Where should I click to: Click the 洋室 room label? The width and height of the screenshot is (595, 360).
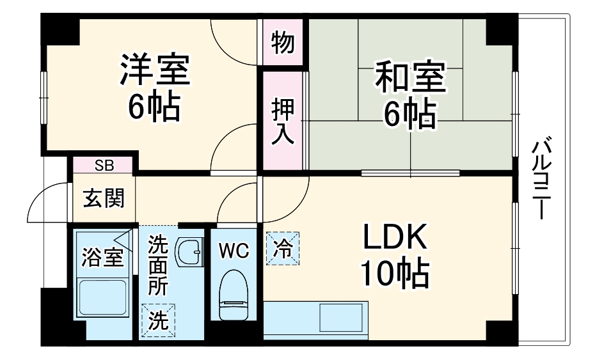click(155, 70)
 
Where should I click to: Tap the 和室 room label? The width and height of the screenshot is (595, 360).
click(410, 77)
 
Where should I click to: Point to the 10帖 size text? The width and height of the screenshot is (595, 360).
click(395, 273)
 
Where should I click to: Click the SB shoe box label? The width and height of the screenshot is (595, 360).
click(104, 166)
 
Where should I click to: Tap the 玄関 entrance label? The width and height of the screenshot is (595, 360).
click(104, 198)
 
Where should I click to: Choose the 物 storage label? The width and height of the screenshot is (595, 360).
click(283, 42)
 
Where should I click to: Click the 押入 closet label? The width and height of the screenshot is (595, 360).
click(283, 122)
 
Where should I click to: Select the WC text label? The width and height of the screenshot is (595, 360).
click(234, 251)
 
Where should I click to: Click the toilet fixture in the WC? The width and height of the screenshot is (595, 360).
click(234, 295)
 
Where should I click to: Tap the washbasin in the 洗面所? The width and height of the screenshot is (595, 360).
click(190, 251)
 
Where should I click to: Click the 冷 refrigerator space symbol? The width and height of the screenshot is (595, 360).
click(283, 249)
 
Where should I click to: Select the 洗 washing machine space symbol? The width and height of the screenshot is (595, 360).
click(158, 320)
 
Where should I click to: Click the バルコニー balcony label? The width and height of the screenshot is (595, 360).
click(541, 178)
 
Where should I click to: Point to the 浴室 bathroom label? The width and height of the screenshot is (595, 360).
click(103, 258)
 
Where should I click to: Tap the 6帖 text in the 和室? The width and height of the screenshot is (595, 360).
click(410, 113)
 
